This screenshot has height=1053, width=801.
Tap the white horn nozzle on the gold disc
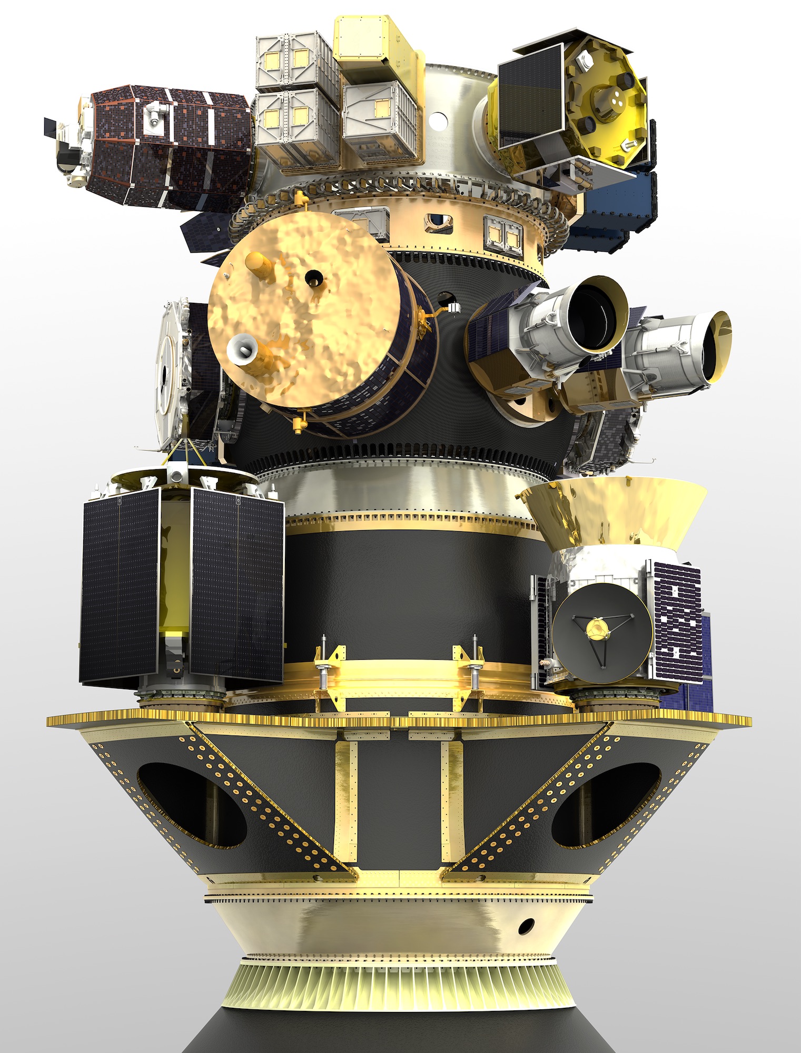pos(239,349)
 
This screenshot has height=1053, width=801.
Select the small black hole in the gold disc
pos(314,276)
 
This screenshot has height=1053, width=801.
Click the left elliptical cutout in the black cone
pos(190,806)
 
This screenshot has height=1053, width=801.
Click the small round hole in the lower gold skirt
pos(526,924)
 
